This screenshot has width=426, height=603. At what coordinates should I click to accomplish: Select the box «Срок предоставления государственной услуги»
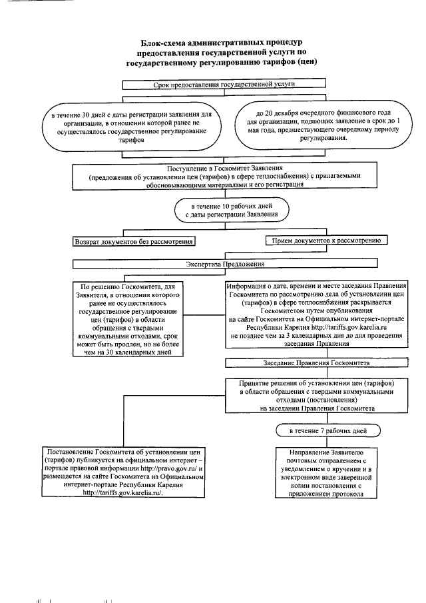click(224, 85)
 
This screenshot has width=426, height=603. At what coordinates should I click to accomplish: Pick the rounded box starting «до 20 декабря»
click(318, 123)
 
